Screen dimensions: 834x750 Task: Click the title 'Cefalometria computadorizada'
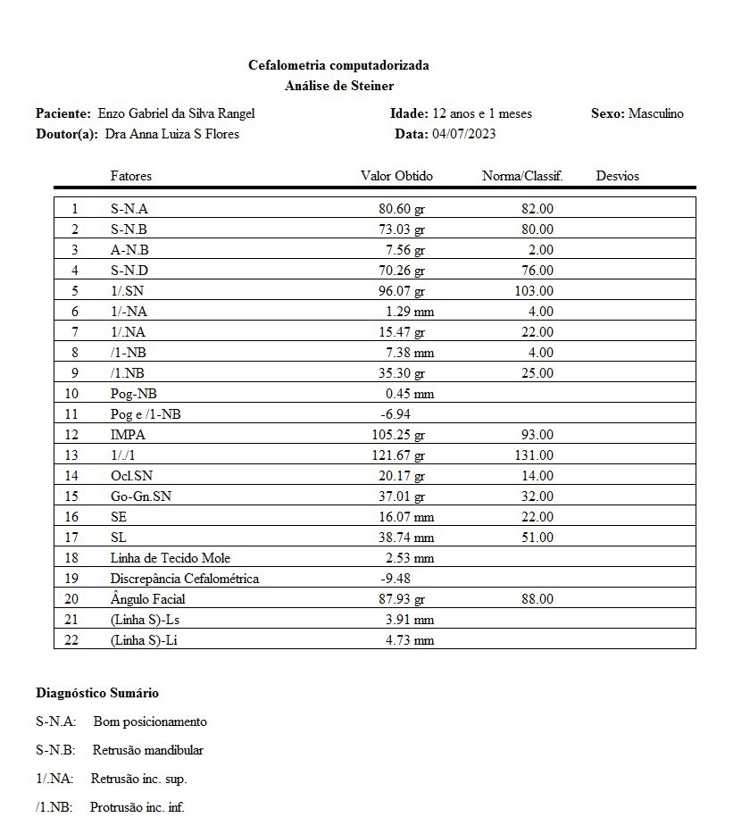pos(338,65)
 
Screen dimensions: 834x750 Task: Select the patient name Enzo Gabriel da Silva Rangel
pos(176,113)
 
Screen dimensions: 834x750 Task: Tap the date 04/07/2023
pos(463,134)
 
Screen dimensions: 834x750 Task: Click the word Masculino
pos(656,113)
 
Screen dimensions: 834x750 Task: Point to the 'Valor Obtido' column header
pos(396,176)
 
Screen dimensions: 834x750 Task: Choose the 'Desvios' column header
pos(617,176)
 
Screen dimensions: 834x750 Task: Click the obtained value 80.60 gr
pos(402,209)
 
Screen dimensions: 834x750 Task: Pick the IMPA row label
pos(128,435)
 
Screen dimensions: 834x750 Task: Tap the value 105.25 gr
pos(398,435)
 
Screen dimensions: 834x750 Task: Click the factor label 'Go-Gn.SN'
pos(140,496)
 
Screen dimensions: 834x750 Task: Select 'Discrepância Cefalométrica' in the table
pos(184,579)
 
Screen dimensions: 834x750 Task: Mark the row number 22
pos(71,640)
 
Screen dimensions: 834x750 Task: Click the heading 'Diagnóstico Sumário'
pos(97,693)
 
